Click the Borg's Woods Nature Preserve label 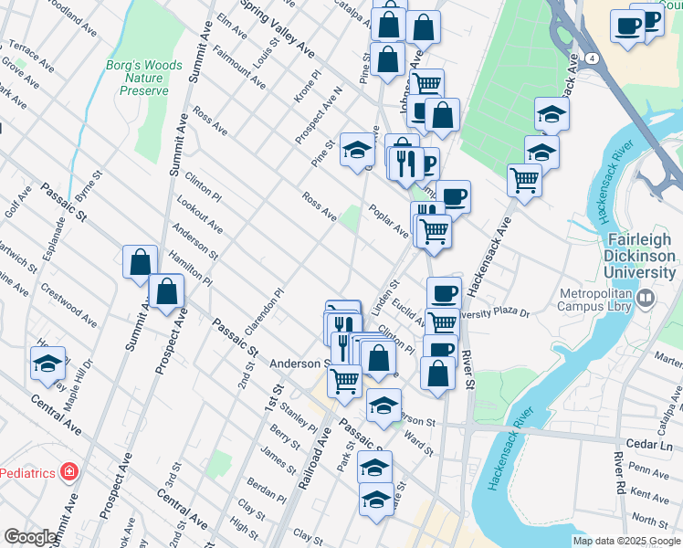click(x=144, y=78)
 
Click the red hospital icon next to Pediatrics click(x=68, y=472)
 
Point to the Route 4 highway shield click(x=594, y=58)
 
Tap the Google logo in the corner click(x=30, y=537)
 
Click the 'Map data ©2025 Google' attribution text click(x=626, y=541)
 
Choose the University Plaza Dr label click(x=499, y=313)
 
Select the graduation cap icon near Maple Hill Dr click(x=47, y=364)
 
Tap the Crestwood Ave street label click(x=68, y=305)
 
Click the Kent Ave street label click(x=649, y=496)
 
